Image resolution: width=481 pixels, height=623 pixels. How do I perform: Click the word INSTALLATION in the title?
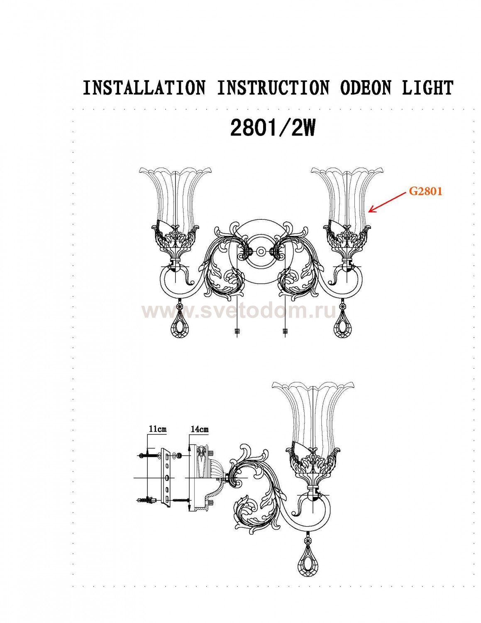[x=144, y=88]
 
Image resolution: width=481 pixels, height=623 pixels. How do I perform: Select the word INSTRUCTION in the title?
[x=273, y=88]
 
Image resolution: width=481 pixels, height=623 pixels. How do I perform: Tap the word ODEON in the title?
[x=366, y=88]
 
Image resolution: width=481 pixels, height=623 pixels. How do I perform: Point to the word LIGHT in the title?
[x=428, y=88]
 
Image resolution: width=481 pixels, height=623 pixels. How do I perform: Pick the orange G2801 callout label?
[x=425, y=191]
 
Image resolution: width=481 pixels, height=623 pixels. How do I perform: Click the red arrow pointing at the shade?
[x=388, y=202]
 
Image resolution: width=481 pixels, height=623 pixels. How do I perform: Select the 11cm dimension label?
[x=157, y=429]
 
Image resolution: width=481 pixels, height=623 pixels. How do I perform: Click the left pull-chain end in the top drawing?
[x=237, y=331]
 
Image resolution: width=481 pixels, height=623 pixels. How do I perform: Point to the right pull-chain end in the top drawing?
[x=284, y=331]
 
